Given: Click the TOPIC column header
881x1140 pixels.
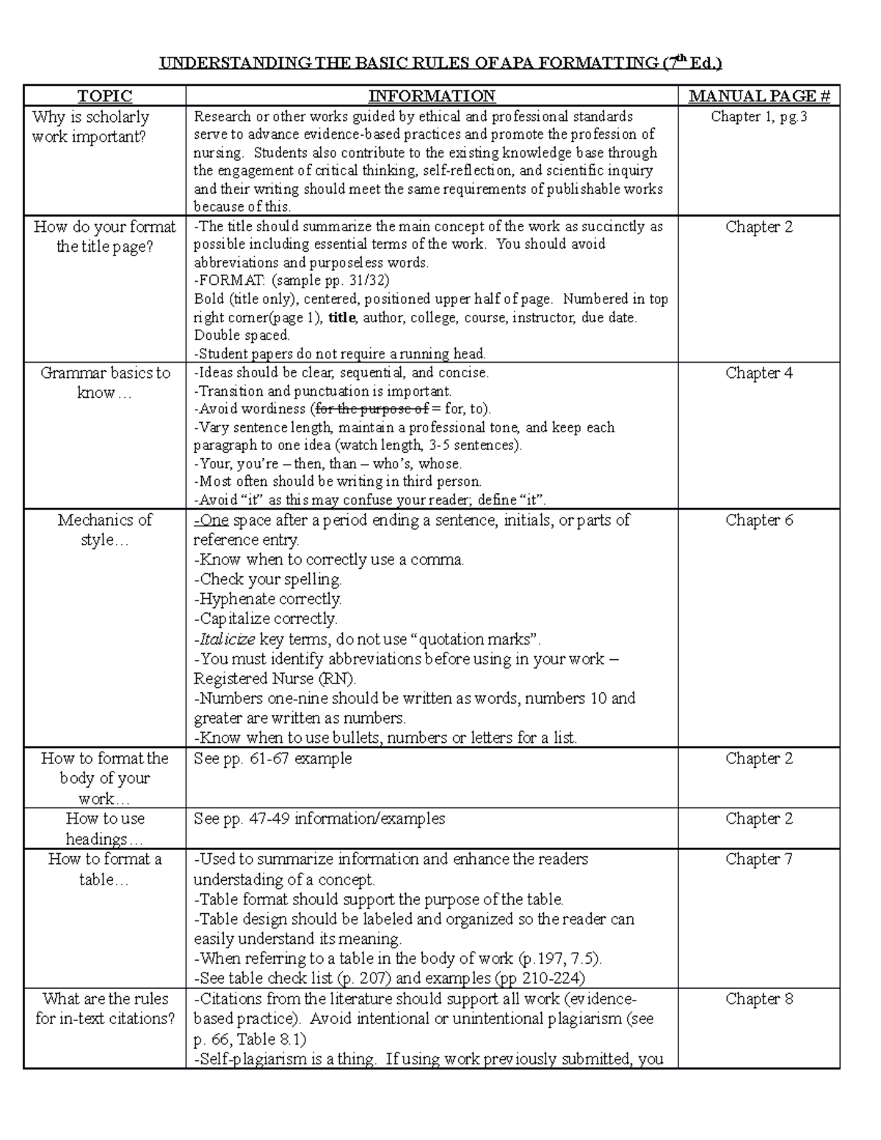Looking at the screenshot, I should click(105, 96).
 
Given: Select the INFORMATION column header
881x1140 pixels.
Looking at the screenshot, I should click(432, 96).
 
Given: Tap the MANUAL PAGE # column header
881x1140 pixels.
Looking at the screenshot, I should click(758, 96).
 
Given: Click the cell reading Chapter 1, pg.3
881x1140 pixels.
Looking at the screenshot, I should click(758, 117).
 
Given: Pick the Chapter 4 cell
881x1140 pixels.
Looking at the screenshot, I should click(758, 373).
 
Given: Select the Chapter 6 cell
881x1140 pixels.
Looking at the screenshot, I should click(758, 520).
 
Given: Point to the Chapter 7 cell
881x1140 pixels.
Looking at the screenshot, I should click(758, 859).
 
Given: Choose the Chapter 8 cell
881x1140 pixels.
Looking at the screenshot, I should click(758, 999).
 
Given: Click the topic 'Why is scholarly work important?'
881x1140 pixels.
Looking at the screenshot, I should click(90, 126).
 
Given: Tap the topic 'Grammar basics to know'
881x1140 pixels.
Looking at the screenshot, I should click(105, 382).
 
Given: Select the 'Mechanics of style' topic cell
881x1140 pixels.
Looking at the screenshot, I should click(105, 530).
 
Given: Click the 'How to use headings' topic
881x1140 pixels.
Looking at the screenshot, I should click(105, 829).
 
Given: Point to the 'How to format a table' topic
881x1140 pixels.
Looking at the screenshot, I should click(105, 869).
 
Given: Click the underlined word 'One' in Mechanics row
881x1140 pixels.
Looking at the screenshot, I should click(214, 520).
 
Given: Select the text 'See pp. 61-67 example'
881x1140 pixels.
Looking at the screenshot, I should click(272, 758).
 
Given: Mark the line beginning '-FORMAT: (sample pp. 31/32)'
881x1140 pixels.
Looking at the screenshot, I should click(291, 280).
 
